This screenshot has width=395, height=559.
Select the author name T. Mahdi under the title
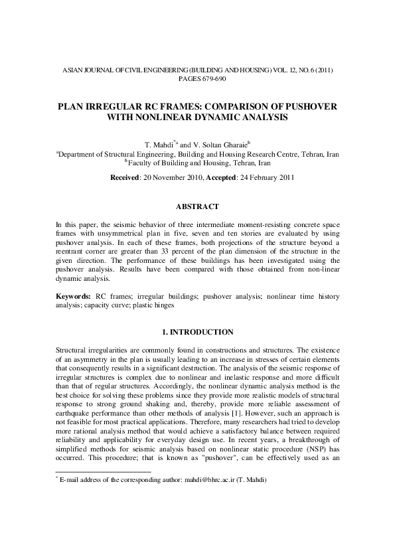pos(158,143)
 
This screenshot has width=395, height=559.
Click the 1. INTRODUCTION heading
pos(197,332)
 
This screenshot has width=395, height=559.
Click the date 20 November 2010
pos(181,179)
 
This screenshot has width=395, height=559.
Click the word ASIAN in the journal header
pos(72,70)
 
